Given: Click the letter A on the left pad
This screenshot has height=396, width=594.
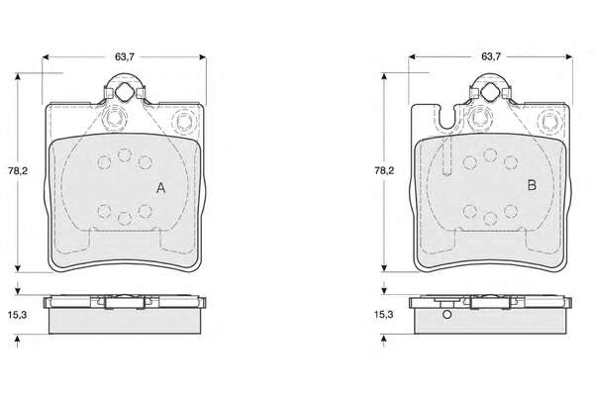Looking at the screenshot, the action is pos(161,187).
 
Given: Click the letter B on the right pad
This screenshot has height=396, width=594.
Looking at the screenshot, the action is pos(532,185).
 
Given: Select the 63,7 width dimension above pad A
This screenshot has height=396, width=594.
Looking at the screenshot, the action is pos(125,56).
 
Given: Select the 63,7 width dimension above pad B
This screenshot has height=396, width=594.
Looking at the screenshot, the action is pos(491,56).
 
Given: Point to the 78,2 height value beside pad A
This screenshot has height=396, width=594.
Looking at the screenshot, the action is pos(18,170).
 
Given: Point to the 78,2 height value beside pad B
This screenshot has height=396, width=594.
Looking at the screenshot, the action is pos(384,170).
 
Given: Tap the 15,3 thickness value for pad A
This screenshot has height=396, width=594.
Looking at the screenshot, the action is pos(18,315).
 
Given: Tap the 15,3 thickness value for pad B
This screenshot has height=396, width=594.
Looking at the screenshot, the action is pos(384,314).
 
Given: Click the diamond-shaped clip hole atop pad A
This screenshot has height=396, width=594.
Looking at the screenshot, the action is pos(125,93).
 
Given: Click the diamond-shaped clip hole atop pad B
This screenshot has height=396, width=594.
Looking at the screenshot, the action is pos(490,92).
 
